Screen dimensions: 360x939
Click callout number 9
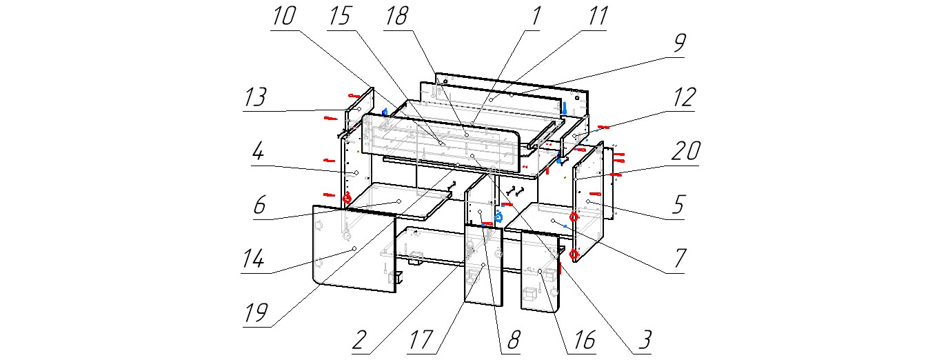tap(679, 44)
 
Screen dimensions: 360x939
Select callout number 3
tap(643, 340)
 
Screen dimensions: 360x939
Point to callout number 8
tap(514, 340)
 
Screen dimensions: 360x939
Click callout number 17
tap(423, 340)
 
